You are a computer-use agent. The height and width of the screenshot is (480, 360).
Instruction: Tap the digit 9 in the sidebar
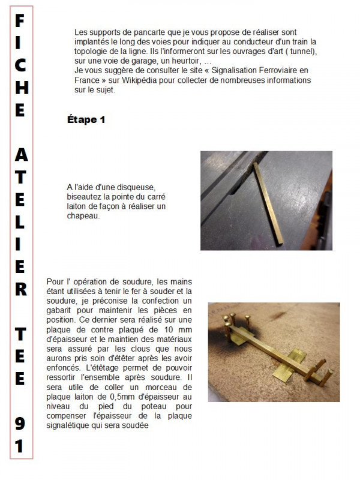20,424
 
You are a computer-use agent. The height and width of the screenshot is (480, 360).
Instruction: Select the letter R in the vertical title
20,289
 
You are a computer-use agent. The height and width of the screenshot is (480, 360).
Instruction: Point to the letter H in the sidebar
20,88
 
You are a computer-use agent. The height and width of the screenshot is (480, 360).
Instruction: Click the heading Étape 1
86,120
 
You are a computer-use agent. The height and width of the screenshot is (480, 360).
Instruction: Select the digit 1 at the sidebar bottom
20,447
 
